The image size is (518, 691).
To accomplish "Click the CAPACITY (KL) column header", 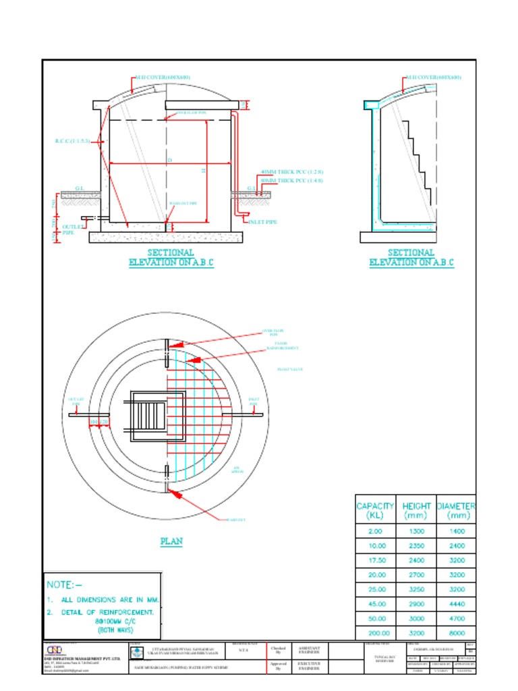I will coord(375,510).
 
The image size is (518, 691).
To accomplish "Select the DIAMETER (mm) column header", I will coord(455,510).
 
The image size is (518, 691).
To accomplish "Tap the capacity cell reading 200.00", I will coord(375,633).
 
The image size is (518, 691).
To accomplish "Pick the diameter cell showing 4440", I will coord(457,603).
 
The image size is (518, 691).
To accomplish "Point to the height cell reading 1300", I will coord(416,532).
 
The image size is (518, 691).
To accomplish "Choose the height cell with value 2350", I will coord(416,545).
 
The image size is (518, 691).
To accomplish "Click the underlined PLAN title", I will coord(171,541).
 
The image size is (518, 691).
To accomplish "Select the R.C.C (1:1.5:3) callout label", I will coord(71,141).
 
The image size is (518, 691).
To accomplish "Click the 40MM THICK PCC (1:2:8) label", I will coord(291,172).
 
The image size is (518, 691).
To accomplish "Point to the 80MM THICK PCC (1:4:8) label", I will coord(291,180).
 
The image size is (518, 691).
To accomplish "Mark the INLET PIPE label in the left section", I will coord(263,221).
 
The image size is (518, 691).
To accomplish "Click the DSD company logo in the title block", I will coord(53,649).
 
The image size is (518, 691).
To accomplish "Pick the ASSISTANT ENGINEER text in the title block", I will coord(310,651).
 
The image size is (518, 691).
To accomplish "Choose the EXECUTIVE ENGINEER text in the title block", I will coord(310,665).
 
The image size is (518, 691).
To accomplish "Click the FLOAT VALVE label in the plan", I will coord(290,369).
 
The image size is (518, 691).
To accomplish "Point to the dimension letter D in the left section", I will coord(169,160).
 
